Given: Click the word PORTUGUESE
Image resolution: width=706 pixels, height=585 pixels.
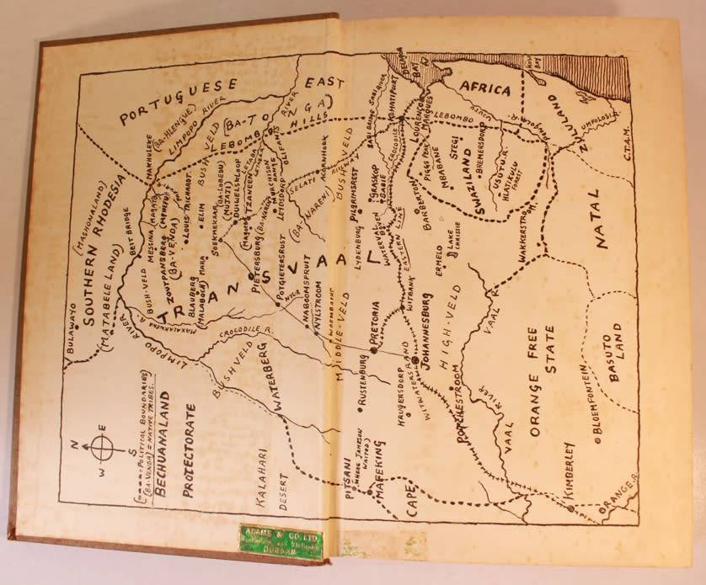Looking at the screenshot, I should click(x=180, y=101).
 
